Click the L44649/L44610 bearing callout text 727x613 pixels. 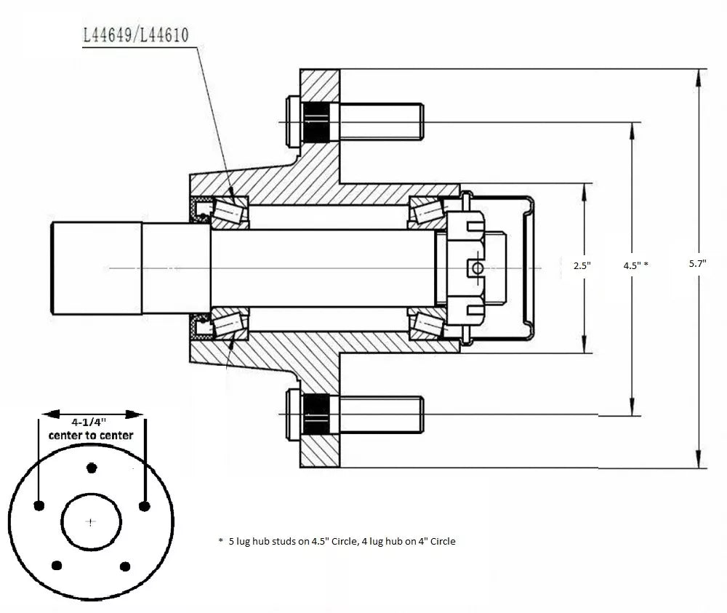pos(136,35)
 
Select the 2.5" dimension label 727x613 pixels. pos(582,265)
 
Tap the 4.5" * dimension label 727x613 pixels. pos(635,265)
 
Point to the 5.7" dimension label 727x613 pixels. pos(697,263)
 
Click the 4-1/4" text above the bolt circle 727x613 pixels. pos(89,422)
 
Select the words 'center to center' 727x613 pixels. pos(91,436)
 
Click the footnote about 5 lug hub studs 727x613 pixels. pos(337,541)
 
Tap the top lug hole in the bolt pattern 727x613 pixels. pos(92,468)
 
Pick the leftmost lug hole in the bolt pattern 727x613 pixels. pos(39,505)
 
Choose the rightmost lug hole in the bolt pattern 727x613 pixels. pos(145,506)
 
